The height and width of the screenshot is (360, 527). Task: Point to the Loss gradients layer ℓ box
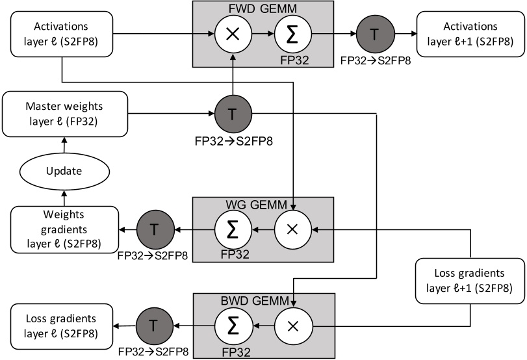point(61,326)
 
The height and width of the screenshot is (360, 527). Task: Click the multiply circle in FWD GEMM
point(232,33)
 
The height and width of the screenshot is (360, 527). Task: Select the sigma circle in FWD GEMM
point(292,33)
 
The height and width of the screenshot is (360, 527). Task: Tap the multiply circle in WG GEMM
point(293,229)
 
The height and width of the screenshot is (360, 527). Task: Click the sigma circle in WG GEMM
point(233,229)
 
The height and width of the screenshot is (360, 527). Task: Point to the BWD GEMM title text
point(263,300)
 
